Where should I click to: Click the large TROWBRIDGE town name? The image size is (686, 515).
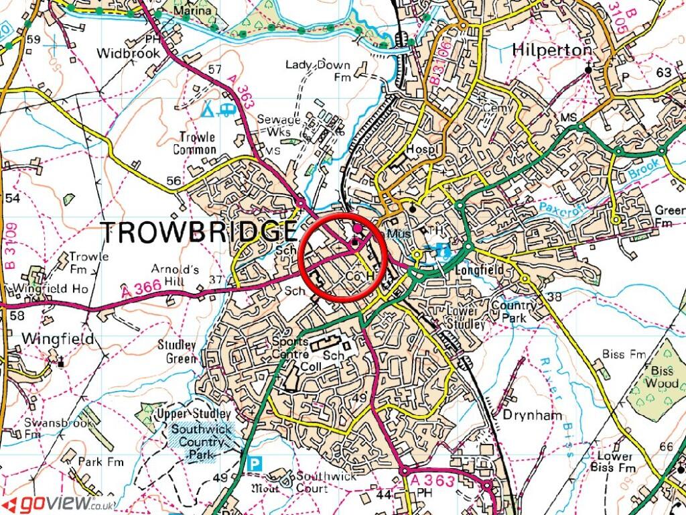pos(198,232)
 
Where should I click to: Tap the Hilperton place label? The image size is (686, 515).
pos(552,50)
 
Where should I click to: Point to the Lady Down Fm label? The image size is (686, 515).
pos(318,71)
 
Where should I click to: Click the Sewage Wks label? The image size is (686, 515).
pos(279,125)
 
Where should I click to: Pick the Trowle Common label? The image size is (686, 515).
pos(195,144)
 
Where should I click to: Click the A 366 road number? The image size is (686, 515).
pos(141,290)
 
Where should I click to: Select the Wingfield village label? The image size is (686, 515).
pos(58,339)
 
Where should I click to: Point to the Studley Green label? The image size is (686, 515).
pos(177,352)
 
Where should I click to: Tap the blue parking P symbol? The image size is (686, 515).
pos(255,463)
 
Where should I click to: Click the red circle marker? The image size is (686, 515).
pos(344,257)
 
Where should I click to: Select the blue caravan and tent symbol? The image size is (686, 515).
pos(220,108)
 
